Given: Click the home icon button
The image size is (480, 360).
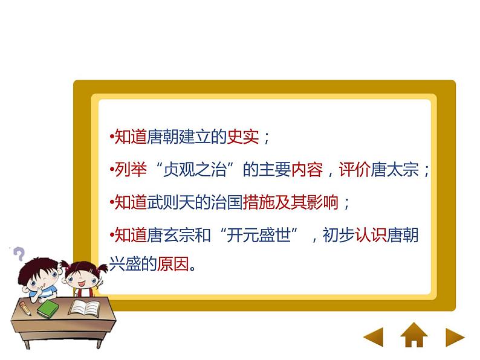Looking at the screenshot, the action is tap(414, 335).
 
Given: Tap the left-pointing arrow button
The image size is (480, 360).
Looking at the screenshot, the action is tap(374, 337).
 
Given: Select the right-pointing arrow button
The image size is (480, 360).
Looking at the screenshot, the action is tap(455, 338).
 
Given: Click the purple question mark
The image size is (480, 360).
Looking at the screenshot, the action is tap(19, 254).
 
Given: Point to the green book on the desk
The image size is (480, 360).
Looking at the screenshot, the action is tap(48, 308).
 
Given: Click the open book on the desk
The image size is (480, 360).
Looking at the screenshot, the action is tap(85, 307).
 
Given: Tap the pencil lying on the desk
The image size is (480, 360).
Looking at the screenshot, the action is tap(25, 308).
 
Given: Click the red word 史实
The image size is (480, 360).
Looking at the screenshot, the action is tap(243, 137).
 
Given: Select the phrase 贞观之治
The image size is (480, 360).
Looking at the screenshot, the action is tap(195, 170).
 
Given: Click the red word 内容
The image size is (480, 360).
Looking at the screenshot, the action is tap(307, 170).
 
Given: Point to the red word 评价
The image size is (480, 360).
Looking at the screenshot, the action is tap(355, 170).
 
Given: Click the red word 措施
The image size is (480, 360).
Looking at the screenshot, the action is tap(259, 202).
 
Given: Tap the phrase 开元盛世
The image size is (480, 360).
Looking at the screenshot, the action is tap(259, 235).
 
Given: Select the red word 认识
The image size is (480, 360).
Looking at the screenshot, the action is tap(371, 235).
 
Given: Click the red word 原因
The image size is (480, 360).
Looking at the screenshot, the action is tap(173, 264).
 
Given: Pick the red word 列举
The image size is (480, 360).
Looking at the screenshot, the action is tap(131, 170).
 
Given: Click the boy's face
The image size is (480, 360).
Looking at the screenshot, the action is tap(41, 279).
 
